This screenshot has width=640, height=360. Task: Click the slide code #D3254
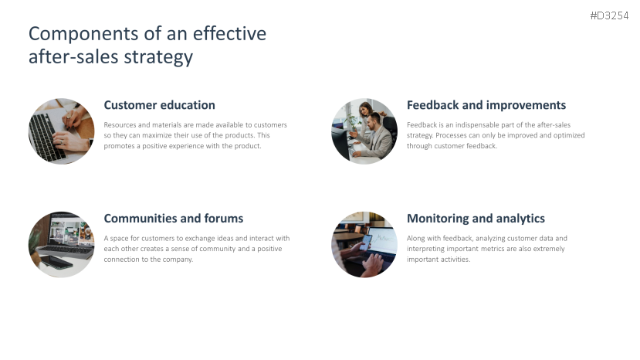point(609,15)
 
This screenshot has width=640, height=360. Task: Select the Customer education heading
point(159,105)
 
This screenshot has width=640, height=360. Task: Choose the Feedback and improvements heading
point(486,105)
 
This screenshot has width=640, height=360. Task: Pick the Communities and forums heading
point(173,219)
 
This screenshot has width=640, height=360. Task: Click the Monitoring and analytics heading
point(476,219)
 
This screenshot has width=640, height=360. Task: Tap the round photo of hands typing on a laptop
point(61,131)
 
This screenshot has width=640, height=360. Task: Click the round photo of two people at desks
point(364,131)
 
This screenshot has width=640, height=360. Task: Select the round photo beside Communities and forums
point(61,245)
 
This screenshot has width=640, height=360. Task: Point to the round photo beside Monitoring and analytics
point(364,245)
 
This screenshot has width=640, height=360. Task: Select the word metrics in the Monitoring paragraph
point(500,249)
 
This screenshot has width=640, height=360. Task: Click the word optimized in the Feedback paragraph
point(566,135)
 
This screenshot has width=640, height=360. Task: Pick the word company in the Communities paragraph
point(178,260)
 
